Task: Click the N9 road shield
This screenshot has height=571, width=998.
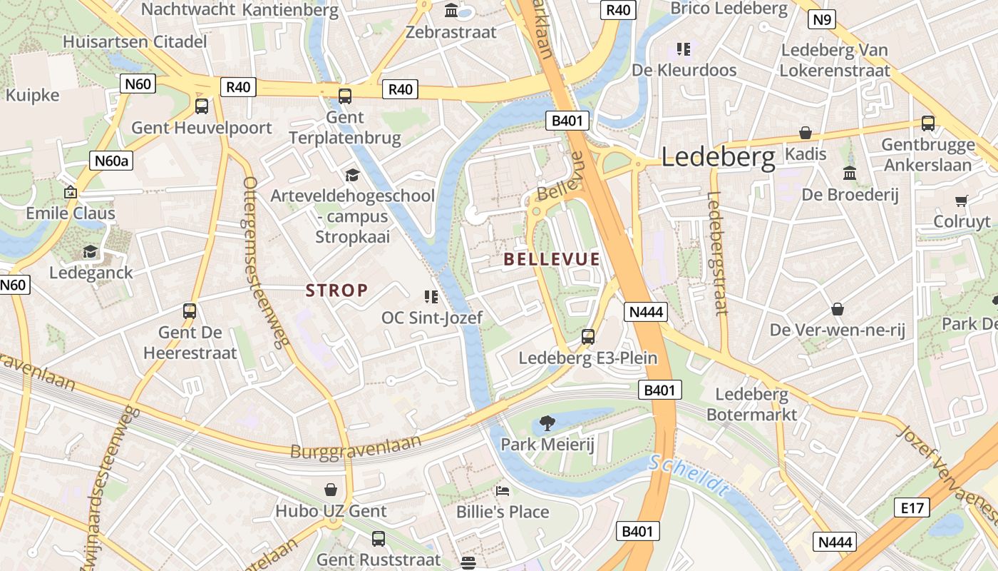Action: (822, 19)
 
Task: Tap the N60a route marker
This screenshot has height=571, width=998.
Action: (112, 161)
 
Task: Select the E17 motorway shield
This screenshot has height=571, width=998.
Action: (912, 508)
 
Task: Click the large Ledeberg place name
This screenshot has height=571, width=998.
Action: (718, 157)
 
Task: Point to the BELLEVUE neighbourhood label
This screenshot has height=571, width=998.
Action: (552, 259)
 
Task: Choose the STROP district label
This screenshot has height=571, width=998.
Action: (337, 290)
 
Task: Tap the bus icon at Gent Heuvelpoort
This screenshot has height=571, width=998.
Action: (202, 106)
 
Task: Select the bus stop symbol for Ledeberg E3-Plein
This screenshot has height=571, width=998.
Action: (588, 337)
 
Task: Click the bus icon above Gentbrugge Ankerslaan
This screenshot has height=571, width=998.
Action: (927, 123)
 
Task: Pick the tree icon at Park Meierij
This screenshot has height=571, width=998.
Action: (547, 423)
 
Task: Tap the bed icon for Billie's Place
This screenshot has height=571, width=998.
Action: (503, 491)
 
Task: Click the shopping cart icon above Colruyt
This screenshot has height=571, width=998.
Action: (962, 201)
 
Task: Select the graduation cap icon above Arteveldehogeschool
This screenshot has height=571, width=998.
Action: (352, 175)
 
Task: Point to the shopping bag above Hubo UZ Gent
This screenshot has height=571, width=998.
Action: (331, 490)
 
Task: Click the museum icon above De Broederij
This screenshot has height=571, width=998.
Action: (849, 173)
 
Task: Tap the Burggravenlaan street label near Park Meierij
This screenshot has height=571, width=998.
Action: (356, 447)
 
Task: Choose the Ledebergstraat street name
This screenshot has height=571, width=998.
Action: (718, 253)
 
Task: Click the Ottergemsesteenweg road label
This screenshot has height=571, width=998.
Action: (267, 262)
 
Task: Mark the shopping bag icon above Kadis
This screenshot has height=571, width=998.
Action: (806, 133)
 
